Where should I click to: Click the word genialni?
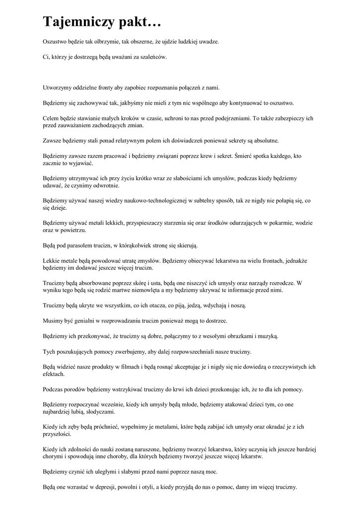[x=84, y=321]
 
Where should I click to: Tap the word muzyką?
[x=267, y=336]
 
